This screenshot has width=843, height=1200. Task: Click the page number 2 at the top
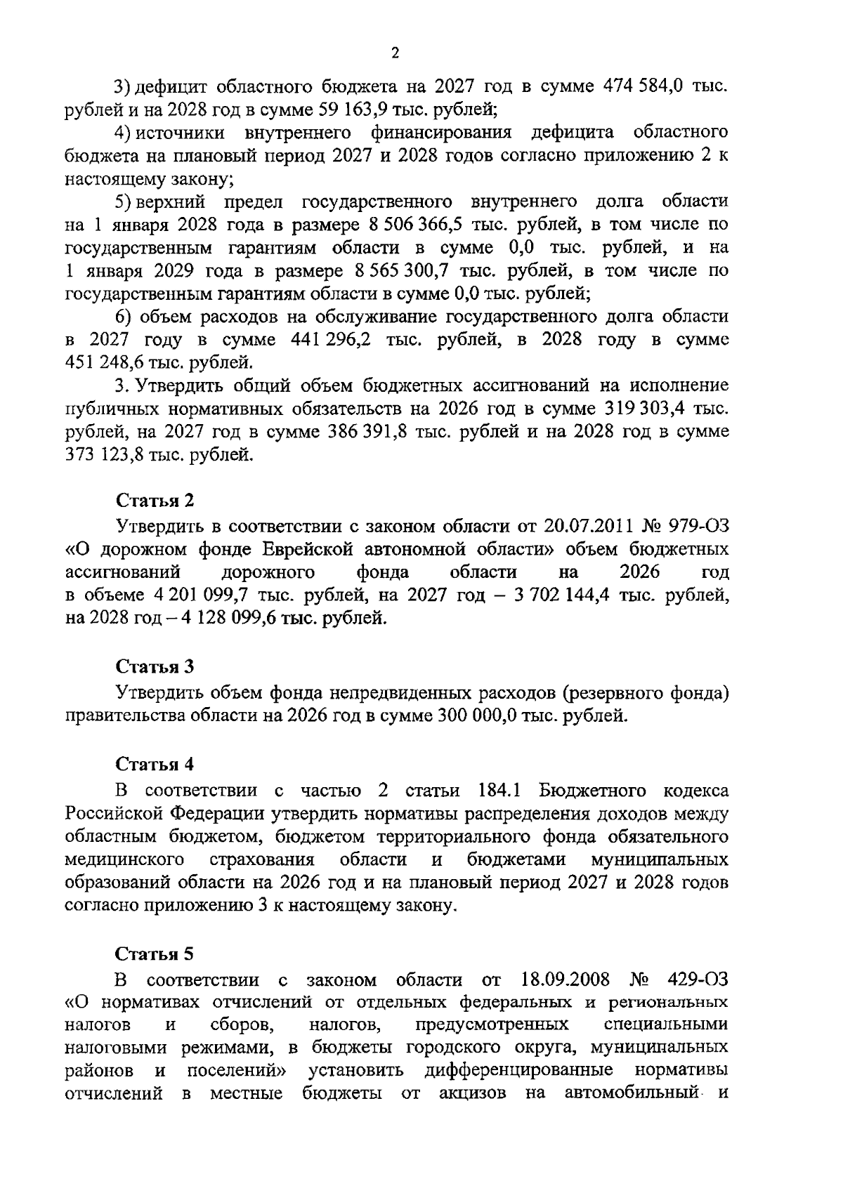[x=395, y=54]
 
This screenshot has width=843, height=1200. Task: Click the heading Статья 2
[x=155, y=501]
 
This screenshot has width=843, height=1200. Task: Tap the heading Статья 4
[x=155, y=764]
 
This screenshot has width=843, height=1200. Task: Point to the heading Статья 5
[x=155, y=954]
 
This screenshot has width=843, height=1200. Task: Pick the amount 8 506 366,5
[x=417, y=225]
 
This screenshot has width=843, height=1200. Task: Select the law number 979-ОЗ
[x=700, y=525]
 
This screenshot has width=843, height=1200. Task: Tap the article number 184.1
[x=498, y=791]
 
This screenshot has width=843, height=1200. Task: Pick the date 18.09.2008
[x=566, y=980]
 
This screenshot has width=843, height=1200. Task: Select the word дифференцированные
[x=519, y=1071]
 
